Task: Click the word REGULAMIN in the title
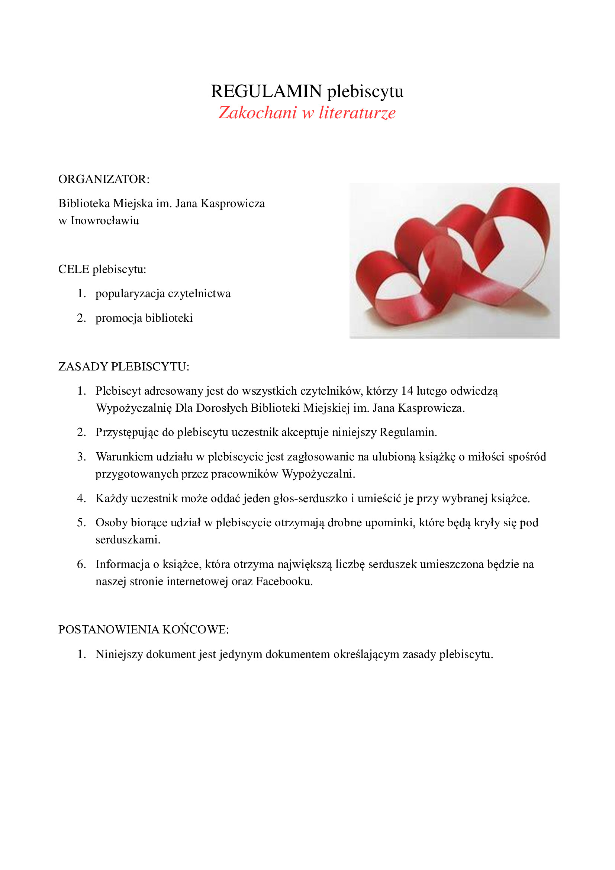coord(266,92)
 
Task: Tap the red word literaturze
coord(357,113)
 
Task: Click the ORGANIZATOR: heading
coord(104,179)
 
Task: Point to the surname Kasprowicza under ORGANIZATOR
coord(232,204)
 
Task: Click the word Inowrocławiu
coord(105,221)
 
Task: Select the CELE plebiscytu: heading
coord(102,269)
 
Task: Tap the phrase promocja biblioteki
coord(144,318)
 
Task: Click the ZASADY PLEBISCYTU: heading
coord(123,367)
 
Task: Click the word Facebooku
coord(284,581)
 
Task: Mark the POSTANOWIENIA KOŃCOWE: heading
coord(143,630)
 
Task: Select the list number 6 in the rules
coord(81,565)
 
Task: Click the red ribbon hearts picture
coord(454,261)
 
